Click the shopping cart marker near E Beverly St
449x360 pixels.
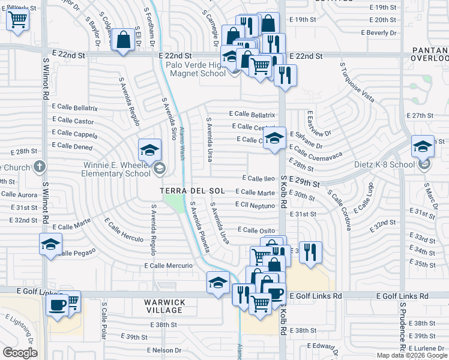coord(18,20)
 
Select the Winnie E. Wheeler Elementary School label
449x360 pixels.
coord(117,169)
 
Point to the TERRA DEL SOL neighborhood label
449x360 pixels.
coord(192,191)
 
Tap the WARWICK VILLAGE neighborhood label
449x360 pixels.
coord(164,306)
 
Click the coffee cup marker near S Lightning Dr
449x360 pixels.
coord(58,304)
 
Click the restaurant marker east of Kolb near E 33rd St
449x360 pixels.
coord(310,251)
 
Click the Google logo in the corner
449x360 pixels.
coord(20,353)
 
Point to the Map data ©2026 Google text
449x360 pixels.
coord(412,355)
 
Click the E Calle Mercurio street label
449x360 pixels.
coord(169,265)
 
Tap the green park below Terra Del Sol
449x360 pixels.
coord(173,203)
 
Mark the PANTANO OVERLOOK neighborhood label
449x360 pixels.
coord(429,54)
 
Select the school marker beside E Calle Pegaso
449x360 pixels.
coord(50,244)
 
